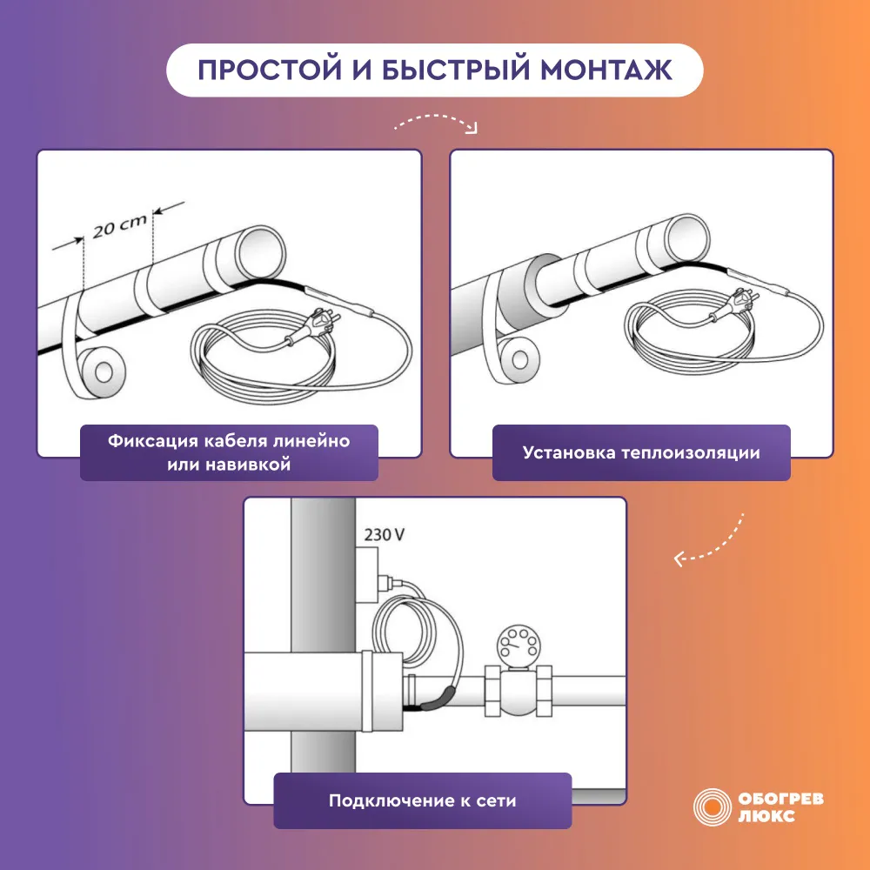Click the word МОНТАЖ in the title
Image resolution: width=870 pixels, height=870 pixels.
tap(606, 70)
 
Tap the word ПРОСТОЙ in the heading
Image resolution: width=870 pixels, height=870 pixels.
tap(270, 70)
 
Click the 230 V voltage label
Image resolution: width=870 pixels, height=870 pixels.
tap(384, 535)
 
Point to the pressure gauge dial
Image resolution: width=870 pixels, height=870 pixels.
tap(517, 646)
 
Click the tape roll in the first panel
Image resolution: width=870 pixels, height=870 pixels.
tap(103, 372)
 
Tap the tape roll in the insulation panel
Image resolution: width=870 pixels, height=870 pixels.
tap(519, 359)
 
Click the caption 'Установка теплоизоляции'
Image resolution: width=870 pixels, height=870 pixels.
tap(641, 452)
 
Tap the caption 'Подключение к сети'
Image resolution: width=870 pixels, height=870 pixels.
tap(422, 800)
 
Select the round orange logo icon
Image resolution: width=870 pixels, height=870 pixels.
tap(712, 806)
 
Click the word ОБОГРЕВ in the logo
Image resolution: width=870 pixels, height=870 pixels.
tap(780, 799)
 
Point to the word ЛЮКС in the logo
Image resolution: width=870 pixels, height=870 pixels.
tap(766, 816)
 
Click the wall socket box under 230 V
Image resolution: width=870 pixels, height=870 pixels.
tap(367, 575)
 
